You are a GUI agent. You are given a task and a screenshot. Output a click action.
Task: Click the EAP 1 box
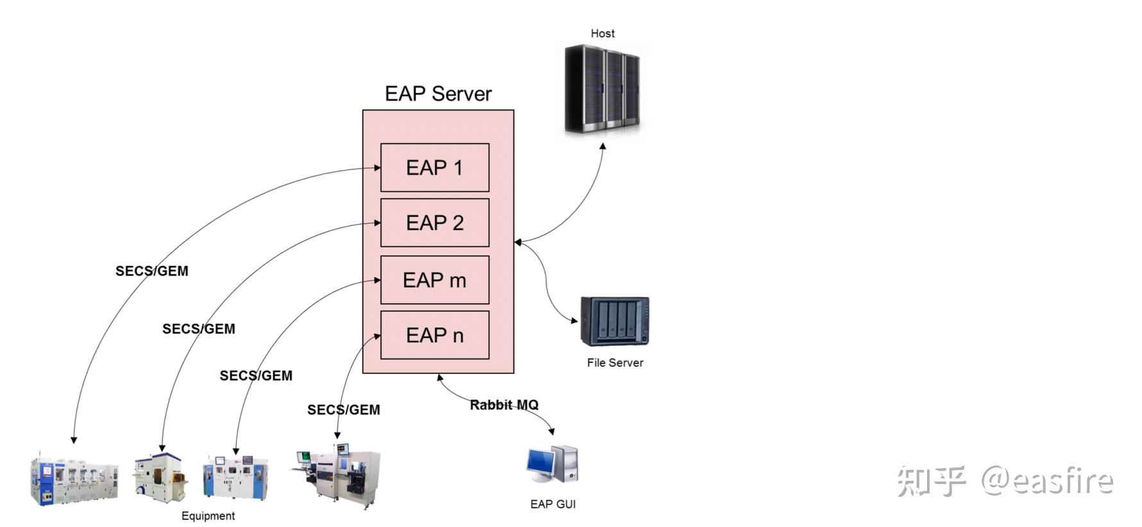[434, 167]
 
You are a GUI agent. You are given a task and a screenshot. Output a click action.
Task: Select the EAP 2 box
[434, 222]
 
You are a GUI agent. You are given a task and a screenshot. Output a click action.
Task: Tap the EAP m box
[434, 280]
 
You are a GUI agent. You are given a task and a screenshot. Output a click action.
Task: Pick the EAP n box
[434, 335]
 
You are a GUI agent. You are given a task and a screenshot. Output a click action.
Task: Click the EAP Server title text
[438, 94]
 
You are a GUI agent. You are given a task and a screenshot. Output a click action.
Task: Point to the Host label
[602, 33]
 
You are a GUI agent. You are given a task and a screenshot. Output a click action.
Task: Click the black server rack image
[602, 88]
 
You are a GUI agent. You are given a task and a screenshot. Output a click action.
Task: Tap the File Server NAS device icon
[615, 321]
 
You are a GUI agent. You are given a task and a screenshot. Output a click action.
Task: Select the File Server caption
[615, 363]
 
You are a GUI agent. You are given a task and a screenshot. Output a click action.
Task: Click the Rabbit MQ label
[504, 405]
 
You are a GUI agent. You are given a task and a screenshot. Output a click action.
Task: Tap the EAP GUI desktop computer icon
[552, 465]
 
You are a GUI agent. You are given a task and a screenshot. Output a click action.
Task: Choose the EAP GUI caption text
[552, 505]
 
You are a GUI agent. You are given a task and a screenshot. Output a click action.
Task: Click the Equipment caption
[208, 516]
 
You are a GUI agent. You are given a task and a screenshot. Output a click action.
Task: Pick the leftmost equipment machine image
[74, 480]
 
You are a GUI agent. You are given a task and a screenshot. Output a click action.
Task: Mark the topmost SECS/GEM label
[152, 271]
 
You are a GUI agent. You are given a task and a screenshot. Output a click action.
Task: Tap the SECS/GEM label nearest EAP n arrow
[343, 410]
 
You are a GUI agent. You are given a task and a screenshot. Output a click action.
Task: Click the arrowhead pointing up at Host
[603, 147]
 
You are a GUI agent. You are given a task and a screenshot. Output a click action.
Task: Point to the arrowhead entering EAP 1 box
[377, 168]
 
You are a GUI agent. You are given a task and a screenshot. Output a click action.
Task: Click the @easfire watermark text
[1046, 481]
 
